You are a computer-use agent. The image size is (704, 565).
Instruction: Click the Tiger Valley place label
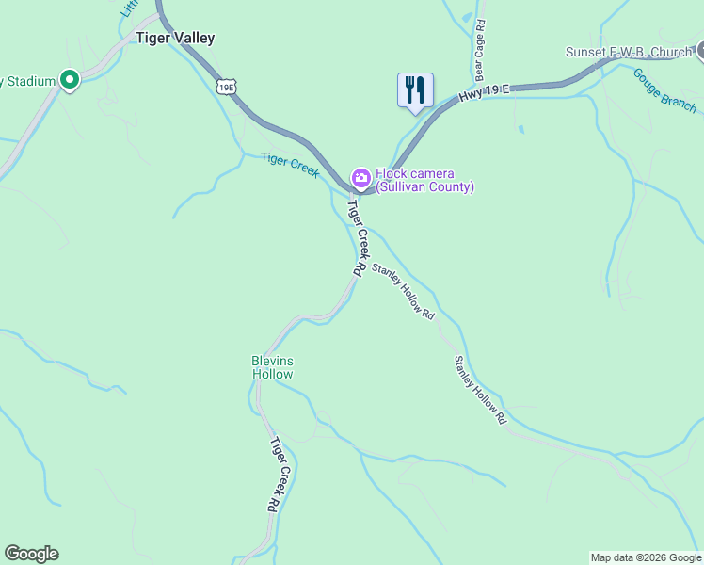(x=175, y=39)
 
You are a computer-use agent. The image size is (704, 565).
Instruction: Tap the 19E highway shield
(x=226, y=88)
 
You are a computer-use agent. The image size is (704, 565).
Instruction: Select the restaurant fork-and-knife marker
(x=415, y=91)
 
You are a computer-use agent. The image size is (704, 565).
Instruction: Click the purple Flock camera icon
(x=360, y=177)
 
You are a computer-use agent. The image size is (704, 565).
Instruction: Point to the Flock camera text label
(x=424, y=180)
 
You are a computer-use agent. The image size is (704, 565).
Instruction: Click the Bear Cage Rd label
(x=479, y=51)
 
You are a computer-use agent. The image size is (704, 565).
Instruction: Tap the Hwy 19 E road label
(x=484, y=93)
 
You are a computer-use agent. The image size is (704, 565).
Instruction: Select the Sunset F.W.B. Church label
(x=628, y=52)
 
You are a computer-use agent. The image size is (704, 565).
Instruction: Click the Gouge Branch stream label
(x=664, y=89)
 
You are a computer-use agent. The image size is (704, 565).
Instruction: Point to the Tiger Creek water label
(x=290, y=165)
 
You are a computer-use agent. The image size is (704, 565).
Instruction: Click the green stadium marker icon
(x=69, y=81)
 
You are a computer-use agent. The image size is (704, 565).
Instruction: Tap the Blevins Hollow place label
(x=272, y=367)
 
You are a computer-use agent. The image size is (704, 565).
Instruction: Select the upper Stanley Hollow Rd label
(x=403, y=292)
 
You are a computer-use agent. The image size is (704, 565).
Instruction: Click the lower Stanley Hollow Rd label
(x=480, y=390)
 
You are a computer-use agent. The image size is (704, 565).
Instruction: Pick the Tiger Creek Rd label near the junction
(x=357, y=236)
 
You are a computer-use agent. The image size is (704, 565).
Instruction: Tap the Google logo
(x=31, y=554)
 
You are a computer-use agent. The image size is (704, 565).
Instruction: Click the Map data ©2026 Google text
(x=645, y=557)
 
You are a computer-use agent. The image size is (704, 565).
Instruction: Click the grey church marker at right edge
(x=699, y=50)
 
